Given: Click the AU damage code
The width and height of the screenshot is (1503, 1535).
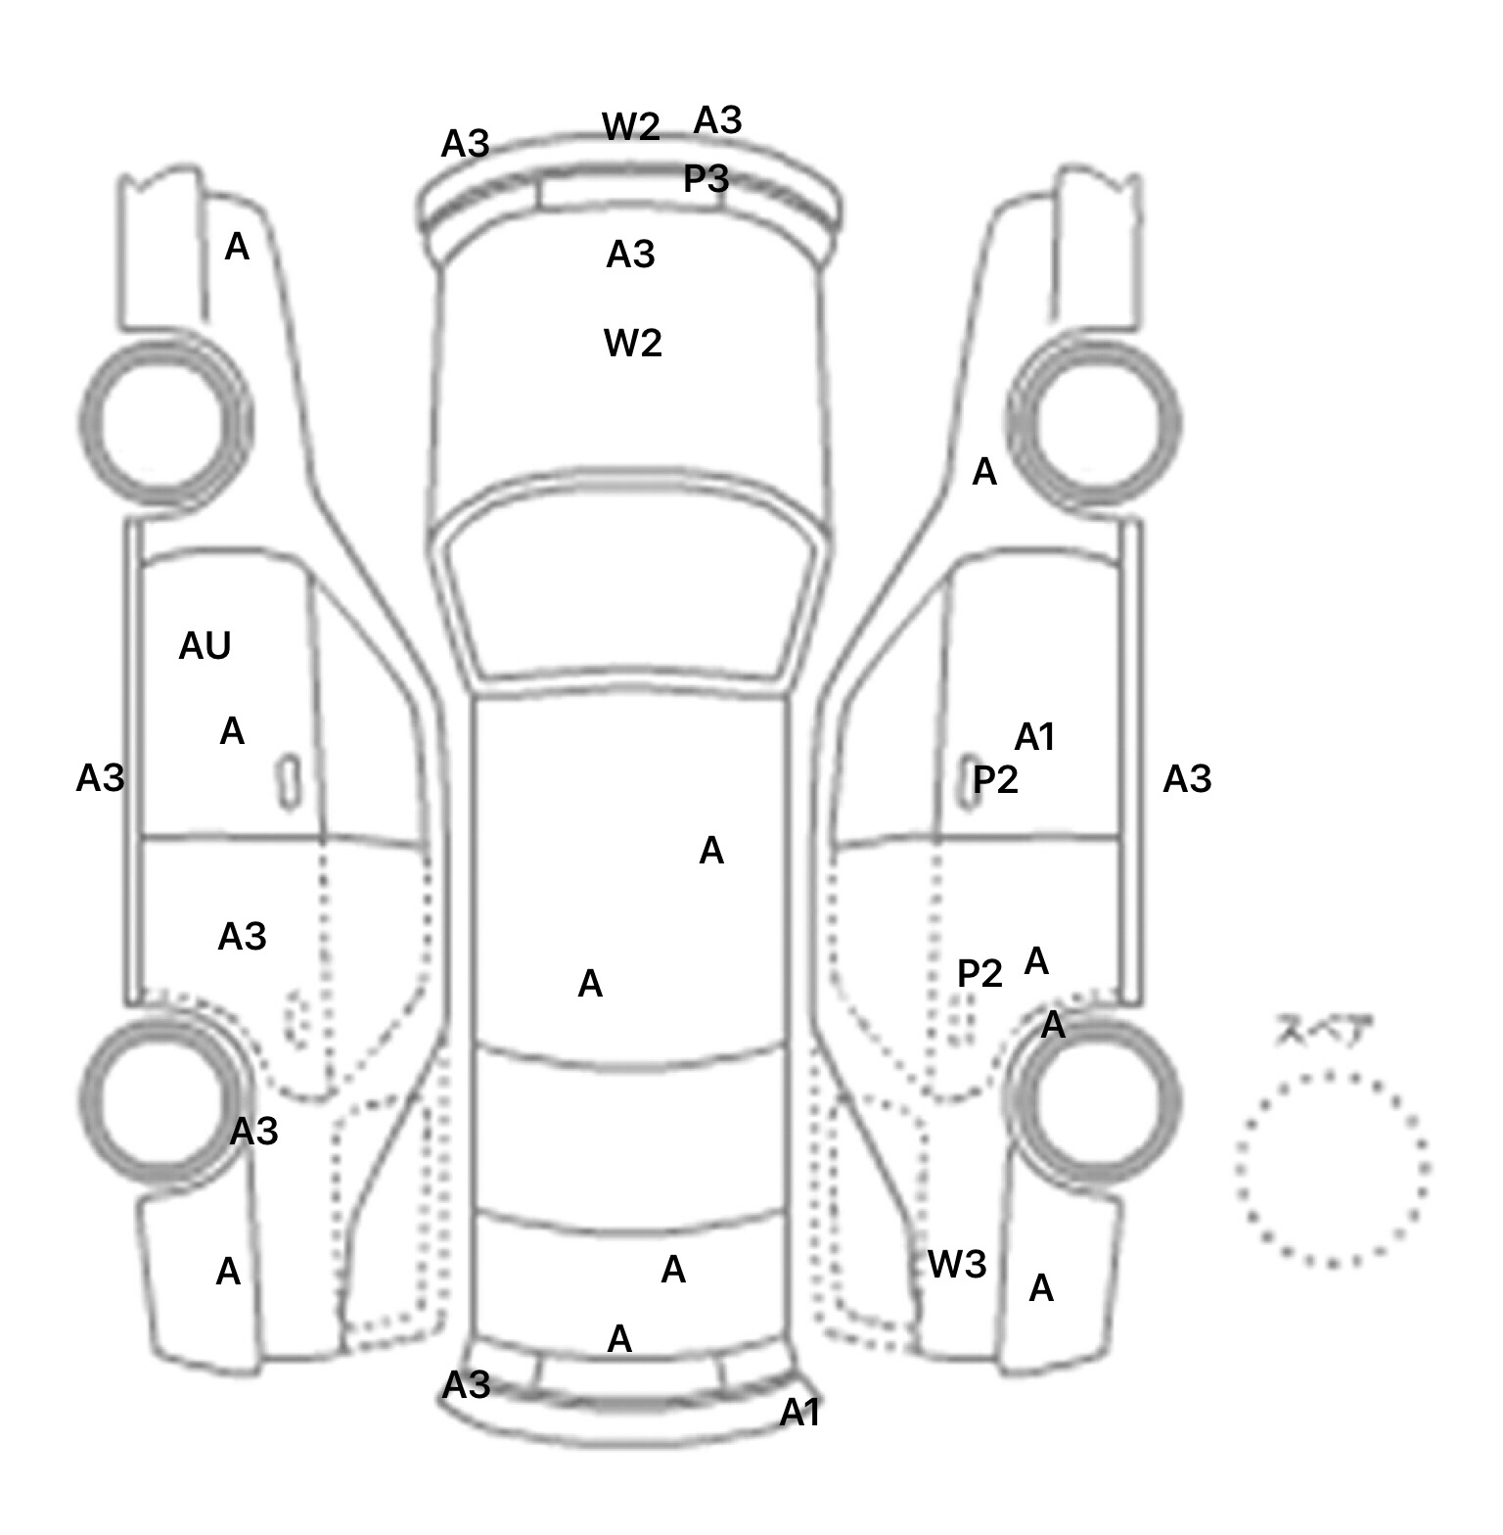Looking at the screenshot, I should pyautogui.click(x=205, y=646).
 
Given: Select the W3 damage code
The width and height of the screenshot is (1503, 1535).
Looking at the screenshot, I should pyautogui.click(x=956, y=1265).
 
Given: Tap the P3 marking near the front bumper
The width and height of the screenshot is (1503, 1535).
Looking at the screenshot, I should pyautogui.click(x=706, y=179).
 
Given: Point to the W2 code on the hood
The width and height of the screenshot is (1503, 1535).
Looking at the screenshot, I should pyautogui.click(x=632, y=343).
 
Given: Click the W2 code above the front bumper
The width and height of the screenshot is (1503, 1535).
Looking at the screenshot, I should pyautogui.click(x=630, y=126).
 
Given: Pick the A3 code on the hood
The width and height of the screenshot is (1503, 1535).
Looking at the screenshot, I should pyautogui.click(x=630, y=255).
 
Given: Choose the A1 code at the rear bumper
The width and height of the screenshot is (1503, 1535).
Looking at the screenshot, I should pyautogui.click(x=799, y=1413).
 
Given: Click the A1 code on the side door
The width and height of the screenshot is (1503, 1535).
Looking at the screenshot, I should pyautogui.click(x=1034, y=737).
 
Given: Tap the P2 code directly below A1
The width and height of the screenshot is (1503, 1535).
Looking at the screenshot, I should pyautogui.click(x=995, y=780).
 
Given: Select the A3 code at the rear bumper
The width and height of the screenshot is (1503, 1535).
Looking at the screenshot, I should pyautogui.click(x=466, y=1385).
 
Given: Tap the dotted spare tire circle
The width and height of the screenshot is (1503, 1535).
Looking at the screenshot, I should pyautogui.click(x=1332, y=1169).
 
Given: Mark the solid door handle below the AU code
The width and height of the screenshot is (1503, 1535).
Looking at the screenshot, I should pyautogui.click(x=289, y=782).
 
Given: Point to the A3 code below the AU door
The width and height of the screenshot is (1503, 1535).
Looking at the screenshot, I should pyautogui.click(x=242, y=937).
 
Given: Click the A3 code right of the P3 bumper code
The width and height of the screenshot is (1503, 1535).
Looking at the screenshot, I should pyautogui.click(x=717, y=120).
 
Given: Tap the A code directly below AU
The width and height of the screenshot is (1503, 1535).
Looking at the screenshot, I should pyautogui.click(x=232, y=731).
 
